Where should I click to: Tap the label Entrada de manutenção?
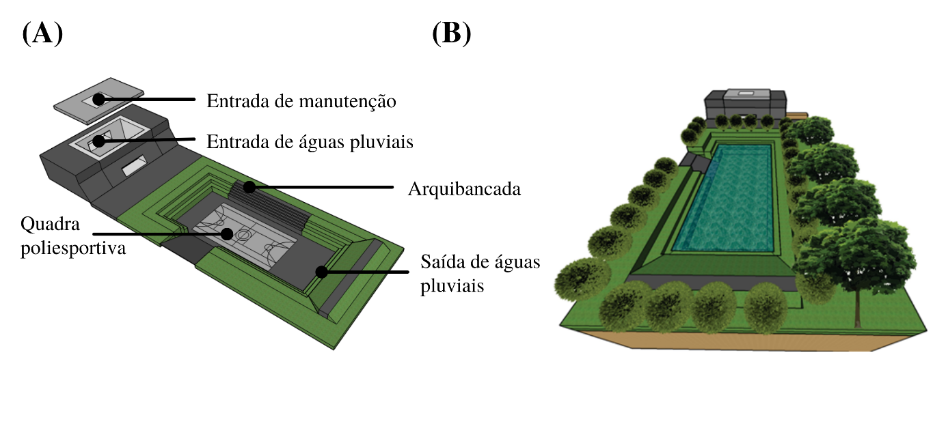coord(301,102)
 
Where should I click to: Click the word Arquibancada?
coord(464,189)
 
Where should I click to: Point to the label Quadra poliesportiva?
coord(73,236)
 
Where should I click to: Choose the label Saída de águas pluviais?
coord(480,273)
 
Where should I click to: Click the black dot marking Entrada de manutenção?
coord(99,100)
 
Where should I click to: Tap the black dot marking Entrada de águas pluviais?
coord(100,141)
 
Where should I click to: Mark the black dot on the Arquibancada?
coord(250,186)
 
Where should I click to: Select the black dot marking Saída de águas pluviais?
coord(320,272)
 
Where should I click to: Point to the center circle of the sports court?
coord(243,234)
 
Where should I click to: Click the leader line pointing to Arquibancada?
coord(321,186)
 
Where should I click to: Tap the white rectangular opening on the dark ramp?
coord(133,164)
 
